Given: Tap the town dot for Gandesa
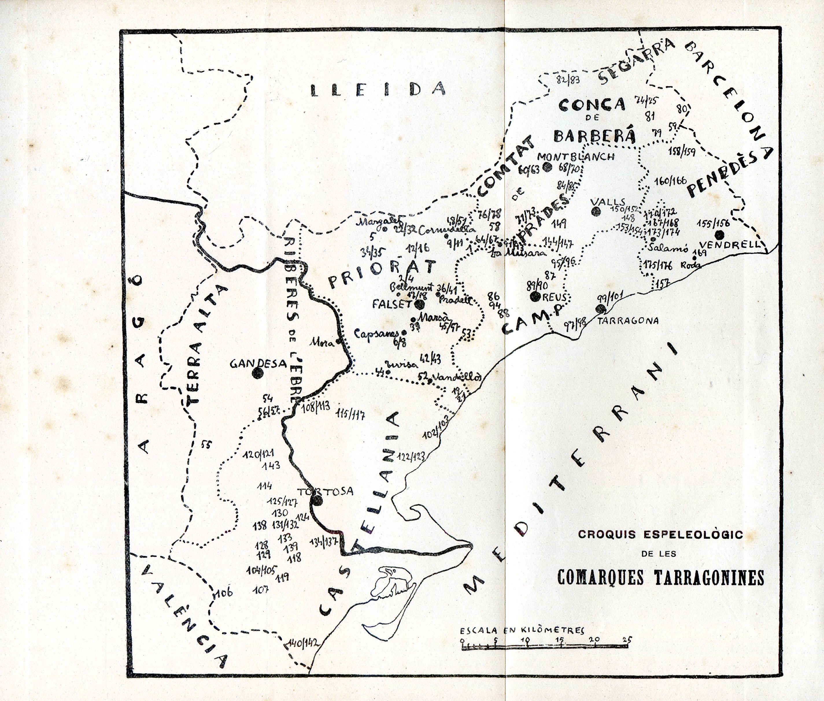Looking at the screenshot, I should click(258, 373).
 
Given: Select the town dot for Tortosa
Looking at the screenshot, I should click(317, 500).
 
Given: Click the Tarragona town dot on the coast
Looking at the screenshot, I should click(601, 309).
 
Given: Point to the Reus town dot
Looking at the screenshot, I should click(535, 296).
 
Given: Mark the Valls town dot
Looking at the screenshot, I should click(595, 212).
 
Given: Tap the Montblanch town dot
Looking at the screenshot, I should click(547, 167).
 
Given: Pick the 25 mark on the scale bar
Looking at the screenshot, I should click(628, 640).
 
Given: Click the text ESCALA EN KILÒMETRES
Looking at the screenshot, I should click(522, 631).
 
